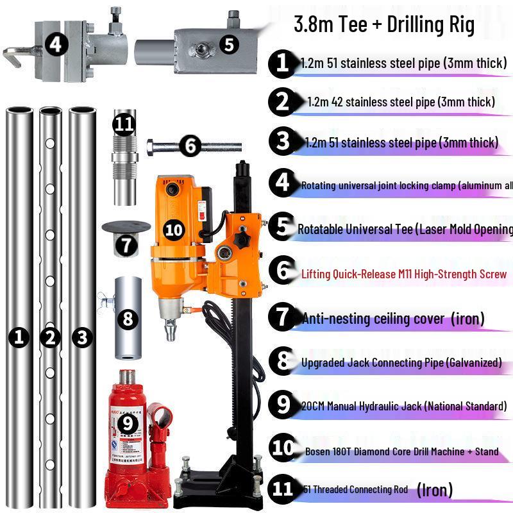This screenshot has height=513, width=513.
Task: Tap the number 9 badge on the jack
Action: click(129, 423)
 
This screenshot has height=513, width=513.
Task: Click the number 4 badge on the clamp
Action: click(56, 44)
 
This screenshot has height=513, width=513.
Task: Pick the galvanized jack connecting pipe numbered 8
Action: click(128, 319)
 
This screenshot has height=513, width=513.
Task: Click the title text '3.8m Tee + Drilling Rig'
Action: click(383, 25)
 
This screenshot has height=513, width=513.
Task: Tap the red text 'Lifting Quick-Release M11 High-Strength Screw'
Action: click(404, 274)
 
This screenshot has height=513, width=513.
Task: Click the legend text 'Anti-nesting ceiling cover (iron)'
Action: click(393, 318)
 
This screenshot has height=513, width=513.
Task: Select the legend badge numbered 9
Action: click(283, 405)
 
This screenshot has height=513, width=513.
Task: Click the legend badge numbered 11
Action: click(283, 489)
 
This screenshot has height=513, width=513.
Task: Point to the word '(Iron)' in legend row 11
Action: click(435, 490)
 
